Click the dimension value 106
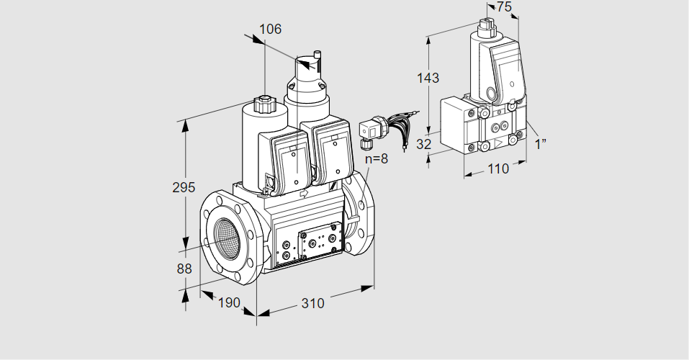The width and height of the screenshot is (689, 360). click(270, 29)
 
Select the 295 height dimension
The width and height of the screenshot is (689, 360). click(184, 187)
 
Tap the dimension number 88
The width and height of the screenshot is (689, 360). click(184, 269)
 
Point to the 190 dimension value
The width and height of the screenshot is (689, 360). click(230, 302)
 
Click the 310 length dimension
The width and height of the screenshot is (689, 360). click(313, 303)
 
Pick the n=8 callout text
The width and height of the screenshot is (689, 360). click(377, 158)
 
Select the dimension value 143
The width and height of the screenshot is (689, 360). click(428, 78)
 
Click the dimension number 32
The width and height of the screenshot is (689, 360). click(423, 144)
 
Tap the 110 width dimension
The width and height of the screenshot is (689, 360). click(498, 168)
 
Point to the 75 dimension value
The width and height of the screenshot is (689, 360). click(504, 6)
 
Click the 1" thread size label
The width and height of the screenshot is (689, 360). click(541, 144)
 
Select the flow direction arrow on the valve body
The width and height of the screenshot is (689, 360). click(304, 193)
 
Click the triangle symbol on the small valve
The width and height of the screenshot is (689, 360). click(499, 143)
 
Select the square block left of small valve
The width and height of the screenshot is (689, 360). click(457, 125)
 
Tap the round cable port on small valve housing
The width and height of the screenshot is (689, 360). click(491, 93)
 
